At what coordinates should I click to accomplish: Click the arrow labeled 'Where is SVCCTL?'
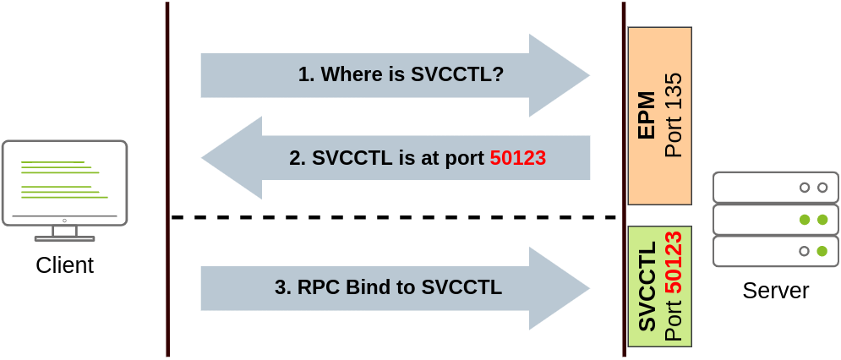click(395, 75)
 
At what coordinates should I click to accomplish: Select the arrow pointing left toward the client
click(395, 158)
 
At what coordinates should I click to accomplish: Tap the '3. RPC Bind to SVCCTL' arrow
click(395, 288)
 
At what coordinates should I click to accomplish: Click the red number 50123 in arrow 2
click(518, 158)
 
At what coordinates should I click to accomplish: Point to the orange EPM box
click(660, 116)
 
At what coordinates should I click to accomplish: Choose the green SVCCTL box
click(660, 286)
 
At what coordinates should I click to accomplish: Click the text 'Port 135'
click(674, 115)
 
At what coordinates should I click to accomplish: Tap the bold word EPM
click(647, 115)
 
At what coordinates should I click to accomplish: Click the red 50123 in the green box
click(674, 262)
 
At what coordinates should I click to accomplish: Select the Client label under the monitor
click(65, 266)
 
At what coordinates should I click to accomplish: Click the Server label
click(776, 292)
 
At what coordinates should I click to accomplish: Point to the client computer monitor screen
click(64, 181)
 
